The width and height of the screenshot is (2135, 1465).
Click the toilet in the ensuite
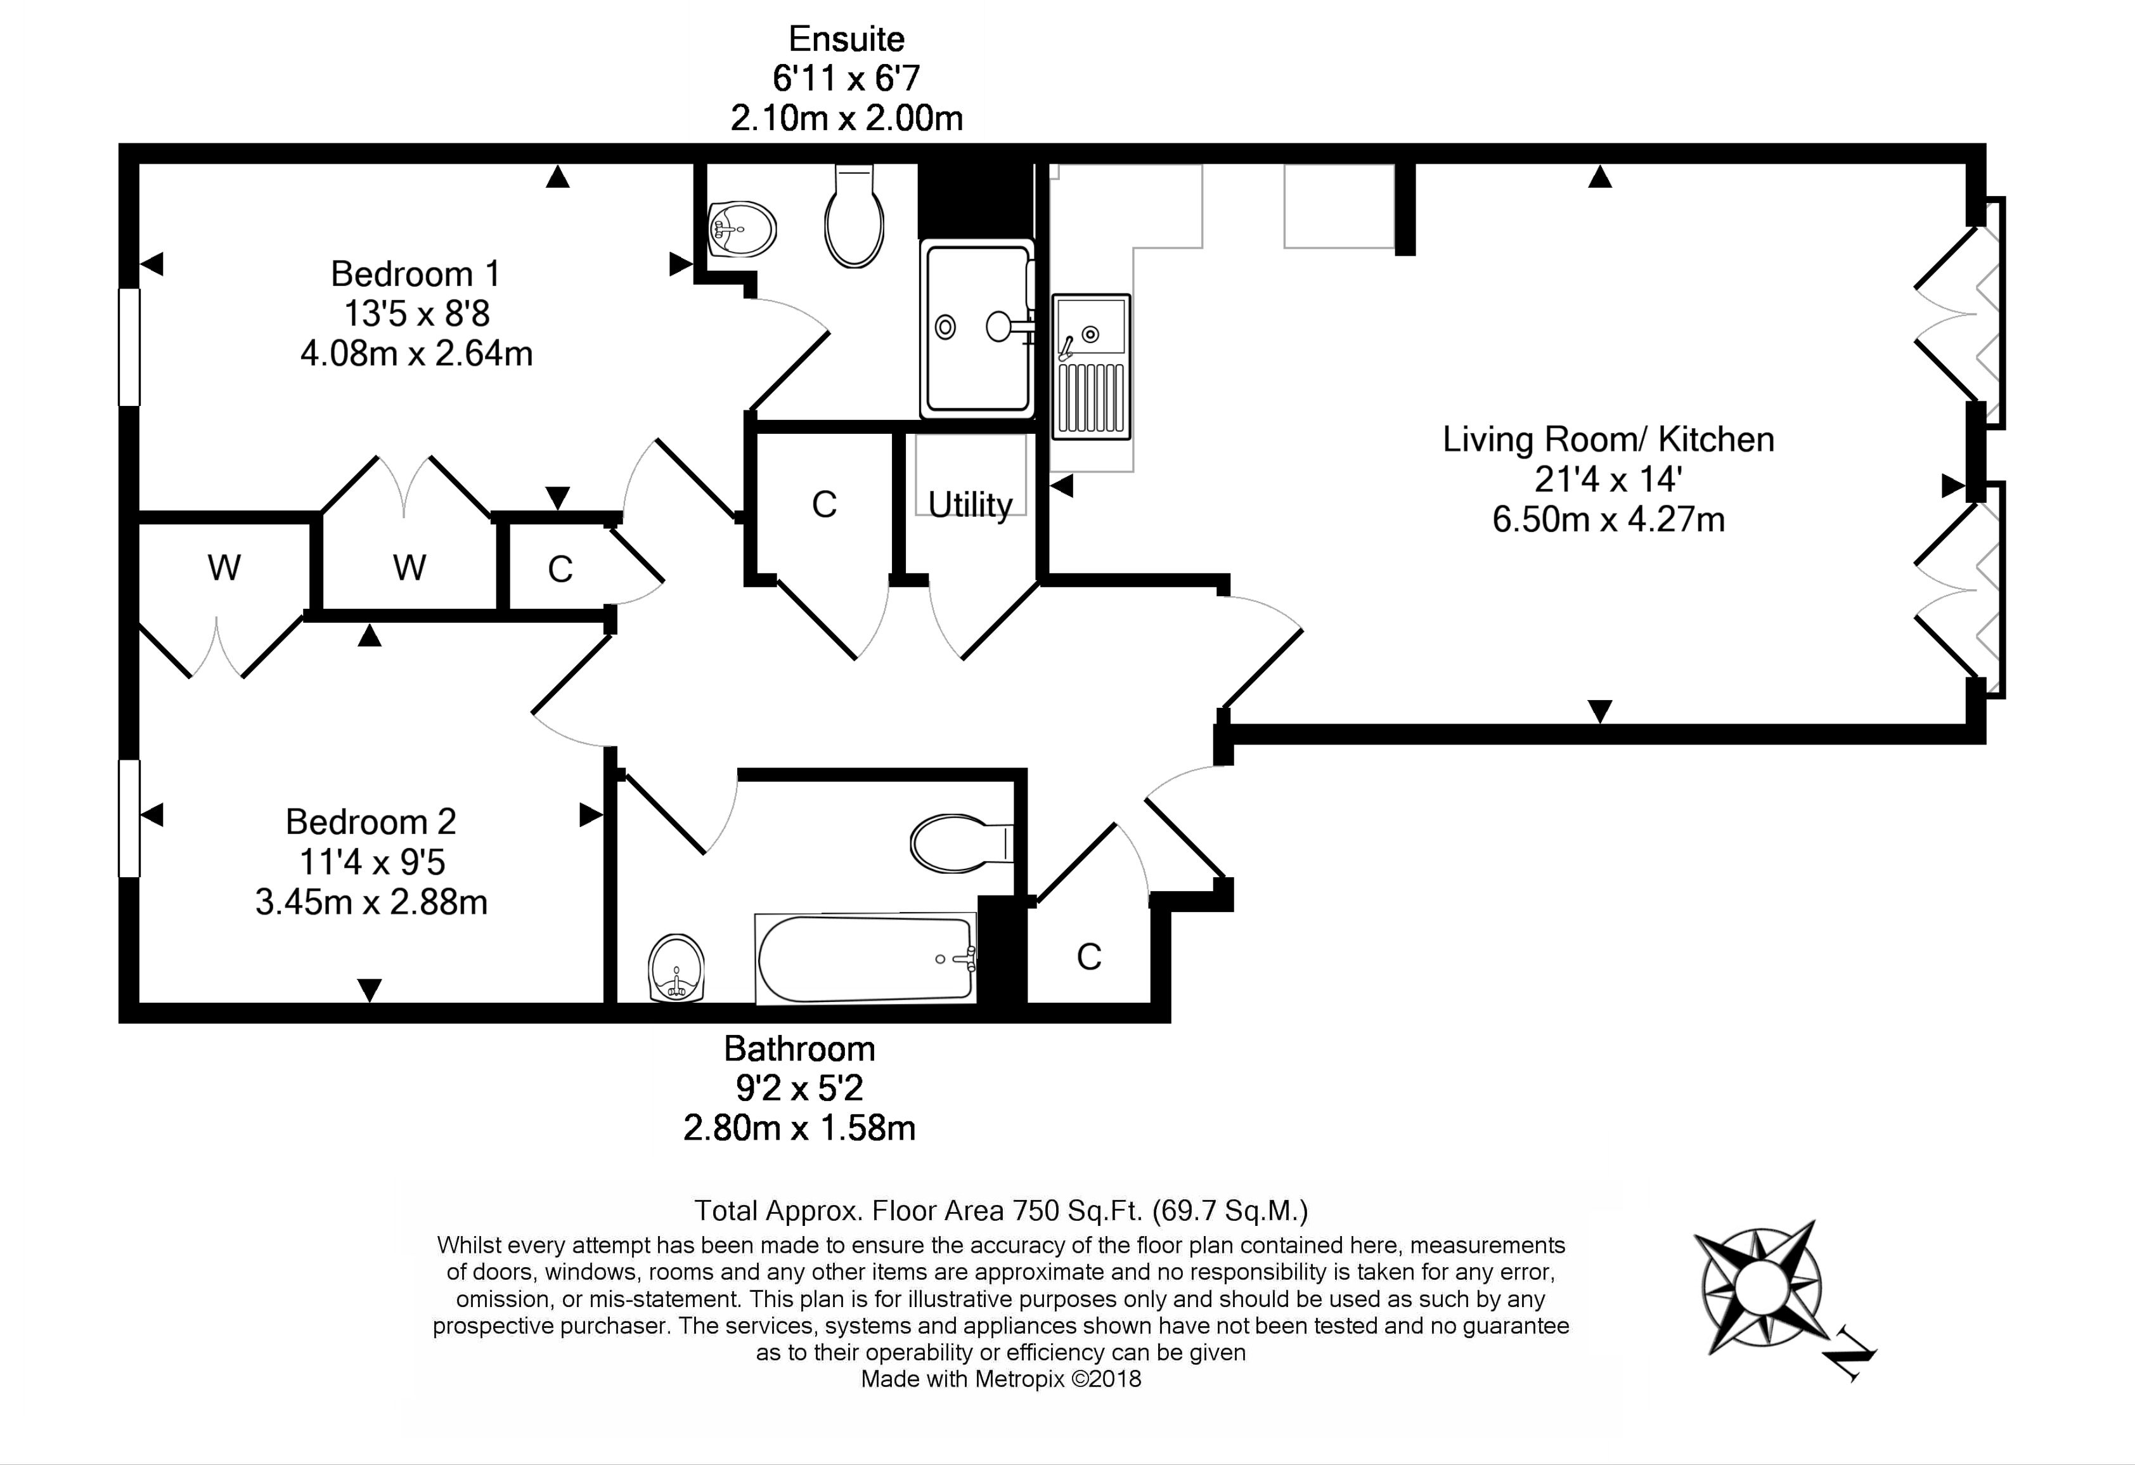click(855, 216)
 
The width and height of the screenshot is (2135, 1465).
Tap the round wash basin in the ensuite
click(742, 229)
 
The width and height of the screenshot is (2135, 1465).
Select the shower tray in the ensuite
click(977, 328)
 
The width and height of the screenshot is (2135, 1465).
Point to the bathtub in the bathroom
click(865, 958)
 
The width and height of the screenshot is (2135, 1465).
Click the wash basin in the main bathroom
click(677, 968)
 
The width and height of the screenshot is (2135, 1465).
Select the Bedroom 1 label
click(415, 274)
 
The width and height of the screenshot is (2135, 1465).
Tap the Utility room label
click(970, 505)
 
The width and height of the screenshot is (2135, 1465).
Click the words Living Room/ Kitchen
click(1608, 439)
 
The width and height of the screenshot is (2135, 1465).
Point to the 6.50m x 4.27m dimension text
click(1608, 520)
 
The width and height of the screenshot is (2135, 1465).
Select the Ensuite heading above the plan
click(846, 39)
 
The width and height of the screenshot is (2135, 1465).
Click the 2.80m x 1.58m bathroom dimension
click(799, 1128)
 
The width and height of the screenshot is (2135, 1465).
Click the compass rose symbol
click(1757, 1287)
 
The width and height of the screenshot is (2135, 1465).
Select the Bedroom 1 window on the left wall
click(129, 346)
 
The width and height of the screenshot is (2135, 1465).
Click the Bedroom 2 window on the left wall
click(129, 818)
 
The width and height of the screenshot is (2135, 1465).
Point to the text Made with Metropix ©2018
click(1000, 1379)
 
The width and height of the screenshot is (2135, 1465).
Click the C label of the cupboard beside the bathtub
click(1088, 958)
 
